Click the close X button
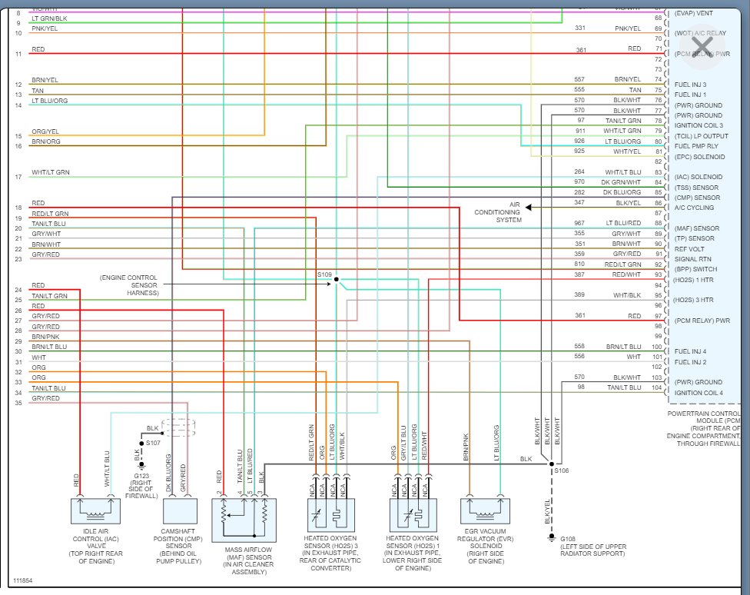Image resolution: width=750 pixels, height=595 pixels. [x=701, y=44]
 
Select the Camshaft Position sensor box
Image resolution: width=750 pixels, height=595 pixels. [x=180, y=511]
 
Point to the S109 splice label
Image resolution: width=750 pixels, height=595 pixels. [x=324, y=274]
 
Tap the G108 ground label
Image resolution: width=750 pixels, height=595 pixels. [x=568, y=538]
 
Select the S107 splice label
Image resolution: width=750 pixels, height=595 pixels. [x=154, y=443]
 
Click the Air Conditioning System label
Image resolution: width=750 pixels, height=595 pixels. [x=498, y=213]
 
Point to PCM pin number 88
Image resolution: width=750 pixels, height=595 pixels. [x=659, y=223]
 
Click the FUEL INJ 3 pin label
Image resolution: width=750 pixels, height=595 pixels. [x=690, y=85]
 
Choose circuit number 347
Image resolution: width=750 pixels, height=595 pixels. [x=579, y=203]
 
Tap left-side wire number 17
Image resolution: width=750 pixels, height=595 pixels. [x=18, y=178]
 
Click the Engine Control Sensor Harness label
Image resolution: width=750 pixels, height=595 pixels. [x=129, y=284]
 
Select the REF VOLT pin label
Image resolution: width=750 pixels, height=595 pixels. [x=690, y=249]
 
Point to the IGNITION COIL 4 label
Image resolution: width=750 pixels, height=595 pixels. [x=699, y=393]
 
